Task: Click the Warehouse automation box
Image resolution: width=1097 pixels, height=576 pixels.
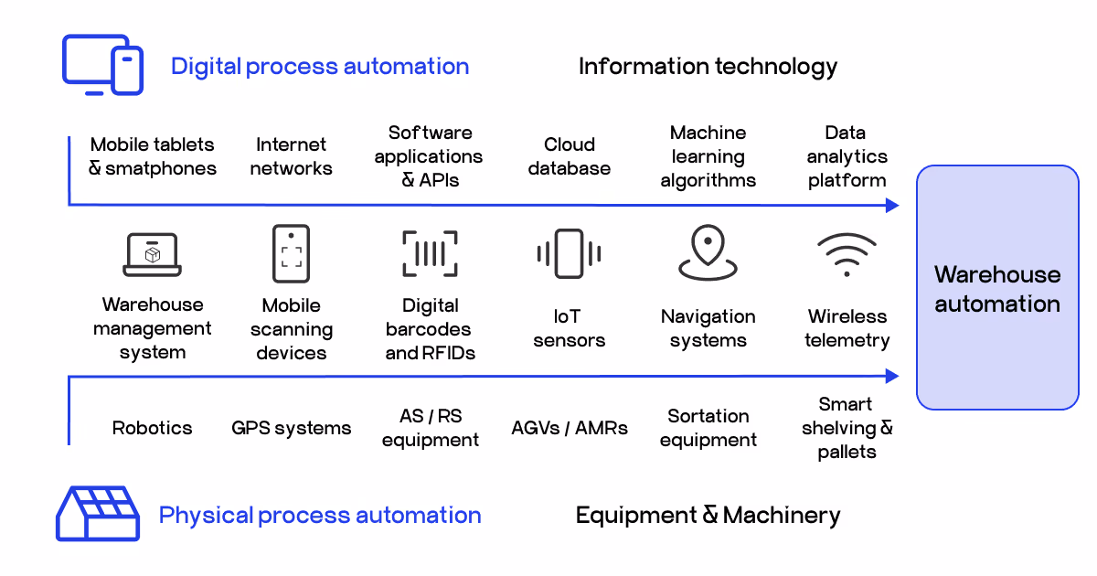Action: (x=997, y=287)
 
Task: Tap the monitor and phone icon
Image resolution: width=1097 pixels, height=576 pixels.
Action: (x=102, y=65)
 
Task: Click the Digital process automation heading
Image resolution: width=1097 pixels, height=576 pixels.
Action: (x=320, y=67)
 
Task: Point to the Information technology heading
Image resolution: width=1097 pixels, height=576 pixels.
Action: (x=708, y=67)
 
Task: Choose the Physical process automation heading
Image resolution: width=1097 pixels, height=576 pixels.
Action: (x=320, y=516)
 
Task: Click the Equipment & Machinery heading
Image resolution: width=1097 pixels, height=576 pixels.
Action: (x=708, y=516)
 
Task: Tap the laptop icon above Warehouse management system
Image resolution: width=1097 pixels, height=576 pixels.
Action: (x=152, y=254)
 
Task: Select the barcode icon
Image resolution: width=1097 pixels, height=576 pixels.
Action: (x=430, y=253)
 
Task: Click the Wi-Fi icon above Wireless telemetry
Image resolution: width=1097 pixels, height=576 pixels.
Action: (x=847, y=254)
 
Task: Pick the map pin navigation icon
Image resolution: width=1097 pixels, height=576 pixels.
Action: (x=708, y=253)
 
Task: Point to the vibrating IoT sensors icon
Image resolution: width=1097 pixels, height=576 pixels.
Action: (x=569, y=253)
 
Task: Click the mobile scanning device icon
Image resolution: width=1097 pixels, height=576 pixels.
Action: (x=291, y=253)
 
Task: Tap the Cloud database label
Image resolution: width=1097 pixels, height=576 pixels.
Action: (x=569, y=156)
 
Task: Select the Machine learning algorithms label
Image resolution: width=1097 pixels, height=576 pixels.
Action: (x=708, y=156)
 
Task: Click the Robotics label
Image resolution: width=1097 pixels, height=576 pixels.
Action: (x=152, y=428)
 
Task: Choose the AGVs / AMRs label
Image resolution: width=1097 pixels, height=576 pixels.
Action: (x=569, y=428)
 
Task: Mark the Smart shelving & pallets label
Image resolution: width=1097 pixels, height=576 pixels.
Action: (x=847, y=428)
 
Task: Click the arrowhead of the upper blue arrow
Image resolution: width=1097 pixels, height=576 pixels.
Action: (x=893, y=206)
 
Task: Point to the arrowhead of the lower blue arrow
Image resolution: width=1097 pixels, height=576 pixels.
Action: (x=893, y=376)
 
